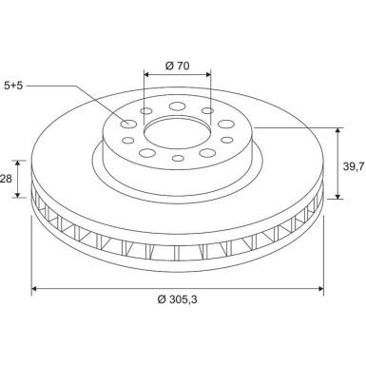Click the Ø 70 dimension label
(177, 66)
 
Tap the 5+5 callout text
(13, 86)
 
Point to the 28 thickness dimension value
(7, 179)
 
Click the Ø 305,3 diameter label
(178, 299)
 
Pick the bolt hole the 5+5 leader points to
(128, 124)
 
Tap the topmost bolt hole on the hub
(177, 106)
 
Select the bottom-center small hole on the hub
(178, 158)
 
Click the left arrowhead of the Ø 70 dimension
(146, 74)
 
